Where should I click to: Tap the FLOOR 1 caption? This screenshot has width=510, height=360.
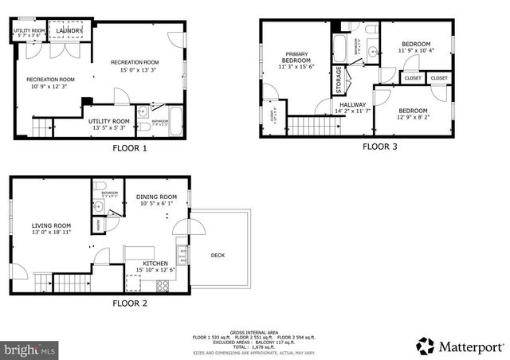tap(130, 147)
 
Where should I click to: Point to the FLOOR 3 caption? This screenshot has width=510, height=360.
tap(379, 146)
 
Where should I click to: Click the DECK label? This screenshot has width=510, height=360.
tap(218, 255)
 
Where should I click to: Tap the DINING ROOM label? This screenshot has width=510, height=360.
tap(156, 197)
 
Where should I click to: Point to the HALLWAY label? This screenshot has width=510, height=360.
tap(352, 104)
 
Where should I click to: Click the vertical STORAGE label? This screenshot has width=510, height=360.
tap(339, 80)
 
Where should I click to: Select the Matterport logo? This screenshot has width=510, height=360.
tap(461, 346)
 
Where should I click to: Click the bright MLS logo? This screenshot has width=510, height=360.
tap(30, 349)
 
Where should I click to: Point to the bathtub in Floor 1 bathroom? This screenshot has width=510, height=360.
tap(176, 123)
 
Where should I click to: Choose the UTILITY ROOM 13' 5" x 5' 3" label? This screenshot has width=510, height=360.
tap(108, 123)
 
